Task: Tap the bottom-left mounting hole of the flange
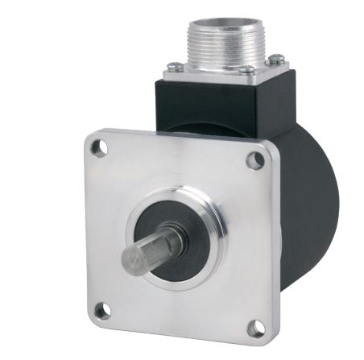[102, 309]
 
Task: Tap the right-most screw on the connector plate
[276, 57]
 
